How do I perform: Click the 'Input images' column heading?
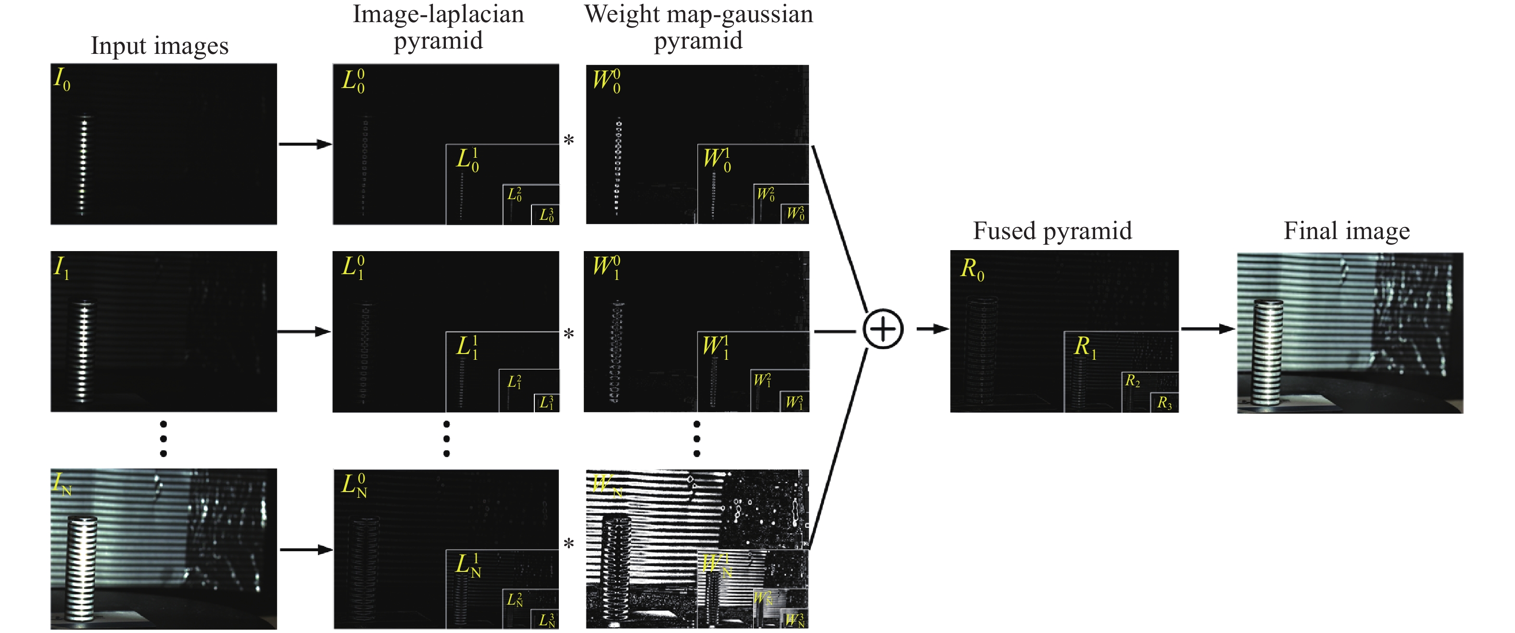click(159, 46)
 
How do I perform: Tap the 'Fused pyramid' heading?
click(1052, 230)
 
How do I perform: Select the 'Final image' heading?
click(1346, 230)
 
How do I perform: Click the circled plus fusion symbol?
click(882, 329)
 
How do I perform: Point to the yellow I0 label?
click(62, 79)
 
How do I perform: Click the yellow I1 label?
click(61, 267)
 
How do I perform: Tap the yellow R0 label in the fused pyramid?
click(972, 269)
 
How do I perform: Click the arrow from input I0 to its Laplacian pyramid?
click(304, 143)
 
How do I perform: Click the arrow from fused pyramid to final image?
click(1207, 329)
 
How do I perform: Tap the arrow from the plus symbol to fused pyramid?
click(933, 329)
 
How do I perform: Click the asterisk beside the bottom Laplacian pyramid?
click(568, 544)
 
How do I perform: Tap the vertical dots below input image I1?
click(164, 439)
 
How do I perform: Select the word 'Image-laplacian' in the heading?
click(438, 14)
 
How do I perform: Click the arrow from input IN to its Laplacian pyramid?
click(306, 549)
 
